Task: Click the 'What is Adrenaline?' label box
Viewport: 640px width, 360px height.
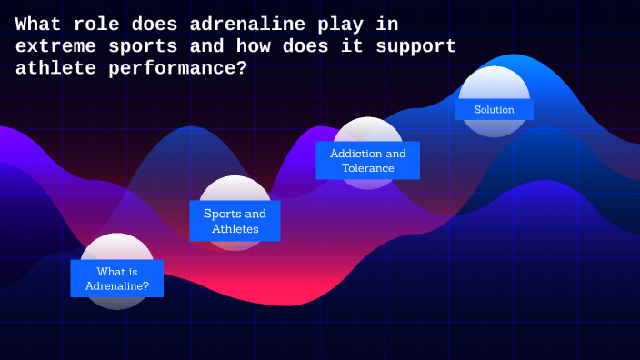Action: click(117, 278)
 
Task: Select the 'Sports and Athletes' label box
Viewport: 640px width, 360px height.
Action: click(235, 221)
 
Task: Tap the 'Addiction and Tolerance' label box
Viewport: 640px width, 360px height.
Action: click(367, 160)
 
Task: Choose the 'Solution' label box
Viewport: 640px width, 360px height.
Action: click(494, 109)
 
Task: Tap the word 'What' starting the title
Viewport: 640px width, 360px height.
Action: click(37, 25)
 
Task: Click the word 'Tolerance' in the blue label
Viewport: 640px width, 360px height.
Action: click(368, 168)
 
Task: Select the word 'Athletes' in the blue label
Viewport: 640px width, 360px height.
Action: click(235, 229)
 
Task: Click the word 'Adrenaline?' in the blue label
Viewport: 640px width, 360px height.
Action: click(117, 286)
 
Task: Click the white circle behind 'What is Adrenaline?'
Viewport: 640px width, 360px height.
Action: click(117, 247)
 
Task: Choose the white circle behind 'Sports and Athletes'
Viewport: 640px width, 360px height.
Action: click(235, 189)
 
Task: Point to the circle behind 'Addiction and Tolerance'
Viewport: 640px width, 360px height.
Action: click(367, 130)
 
